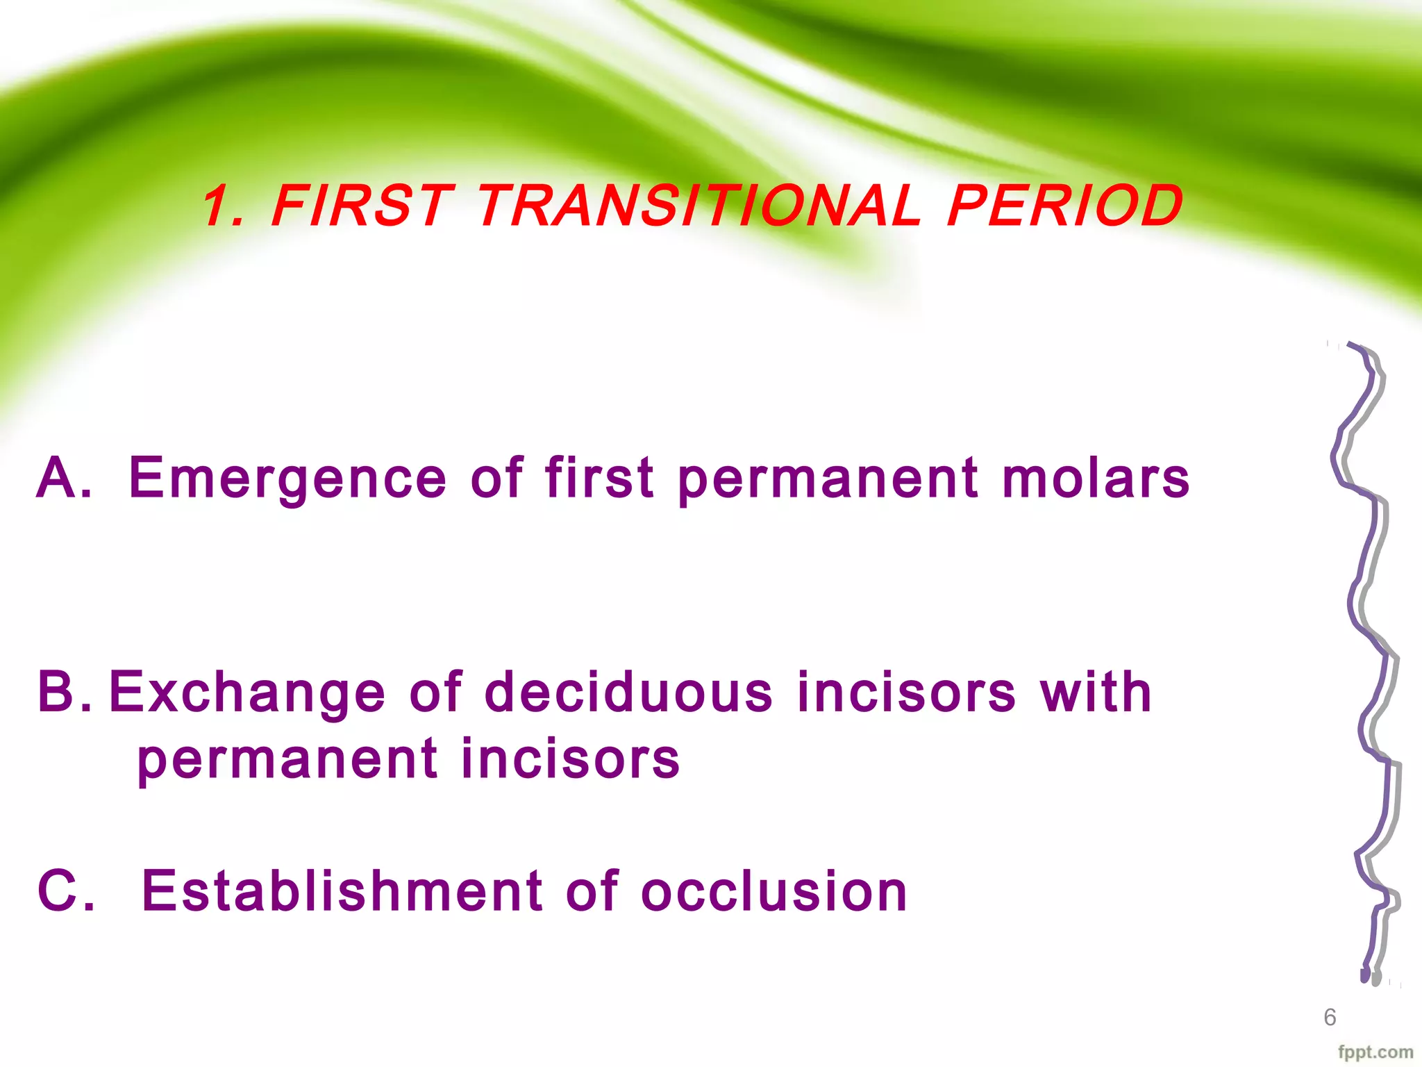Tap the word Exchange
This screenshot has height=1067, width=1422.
(246, 693)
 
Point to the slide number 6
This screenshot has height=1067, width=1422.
(1329, 1017)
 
